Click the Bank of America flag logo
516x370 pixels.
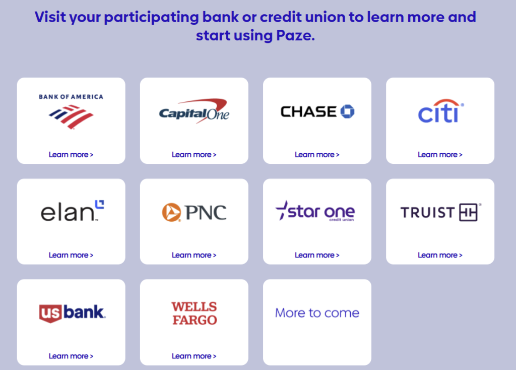(71, 117)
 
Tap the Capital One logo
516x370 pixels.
(194, 111)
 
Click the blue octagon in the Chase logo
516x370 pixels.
(347, 111)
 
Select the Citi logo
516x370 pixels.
(440, 111)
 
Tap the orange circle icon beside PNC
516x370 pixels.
(171, 212)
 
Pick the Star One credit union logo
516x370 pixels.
(315, 211)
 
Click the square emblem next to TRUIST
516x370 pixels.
(468, 212)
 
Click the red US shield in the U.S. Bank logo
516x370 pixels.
(50, 313)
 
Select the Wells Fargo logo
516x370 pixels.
(194, 313)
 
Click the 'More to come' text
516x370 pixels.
(317, 313)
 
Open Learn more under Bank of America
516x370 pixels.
(71, 154)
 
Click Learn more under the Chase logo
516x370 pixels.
(317, 154)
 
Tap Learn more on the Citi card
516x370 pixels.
(440, 154)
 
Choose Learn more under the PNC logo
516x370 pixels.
(194, 255)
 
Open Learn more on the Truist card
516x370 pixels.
(440, 255)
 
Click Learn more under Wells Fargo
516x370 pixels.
(194, 356)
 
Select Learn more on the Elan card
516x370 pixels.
(71, 255)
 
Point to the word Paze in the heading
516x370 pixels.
(295, 36)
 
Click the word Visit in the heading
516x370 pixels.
(50, 17)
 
